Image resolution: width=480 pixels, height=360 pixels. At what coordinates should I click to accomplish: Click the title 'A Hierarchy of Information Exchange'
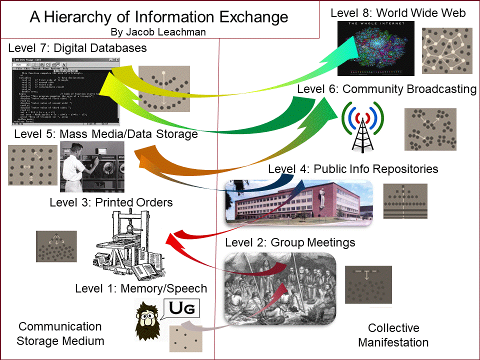pos(159,17)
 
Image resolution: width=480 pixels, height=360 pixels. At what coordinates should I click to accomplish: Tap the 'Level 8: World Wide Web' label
pos(398,13)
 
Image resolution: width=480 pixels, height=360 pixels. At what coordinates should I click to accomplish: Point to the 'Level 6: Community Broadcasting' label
pos(386,89)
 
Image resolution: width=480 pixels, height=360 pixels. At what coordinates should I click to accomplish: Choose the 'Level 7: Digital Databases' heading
pos(77,48)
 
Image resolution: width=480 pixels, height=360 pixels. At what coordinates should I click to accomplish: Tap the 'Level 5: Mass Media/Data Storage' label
pos(106,134)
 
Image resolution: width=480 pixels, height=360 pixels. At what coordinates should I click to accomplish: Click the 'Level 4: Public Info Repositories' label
pos(353,169)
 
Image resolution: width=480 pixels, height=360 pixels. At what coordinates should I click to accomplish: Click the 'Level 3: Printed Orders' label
pos(111,202)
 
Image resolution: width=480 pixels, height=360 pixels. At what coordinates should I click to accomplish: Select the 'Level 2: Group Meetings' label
pos(290,243)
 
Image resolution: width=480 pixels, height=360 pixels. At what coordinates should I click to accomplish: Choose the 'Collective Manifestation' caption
pos(393,335)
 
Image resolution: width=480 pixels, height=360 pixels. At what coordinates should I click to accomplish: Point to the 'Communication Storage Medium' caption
pos(60,333)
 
